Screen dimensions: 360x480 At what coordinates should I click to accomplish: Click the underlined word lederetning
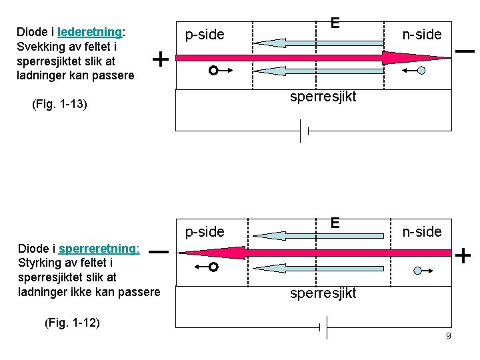click(x=89, y=32)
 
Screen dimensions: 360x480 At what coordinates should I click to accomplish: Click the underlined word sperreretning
click(x=99, y=249)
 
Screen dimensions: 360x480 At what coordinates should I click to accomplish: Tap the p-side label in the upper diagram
click(x=205, y=35)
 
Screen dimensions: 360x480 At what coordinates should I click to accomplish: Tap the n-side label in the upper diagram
click(x=422, y=35)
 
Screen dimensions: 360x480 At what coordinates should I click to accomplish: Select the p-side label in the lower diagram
click(x=205, y=231)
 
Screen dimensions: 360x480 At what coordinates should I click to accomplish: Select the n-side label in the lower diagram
click(x=422, y=231)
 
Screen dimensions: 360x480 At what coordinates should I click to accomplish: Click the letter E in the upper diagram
click(x=335, y=23)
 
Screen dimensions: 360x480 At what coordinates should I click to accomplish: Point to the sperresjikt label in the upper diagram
click(x=323, y=97)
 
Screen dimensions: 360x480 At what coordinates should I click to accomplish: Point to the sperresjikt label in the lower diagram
click(x=323, y=293)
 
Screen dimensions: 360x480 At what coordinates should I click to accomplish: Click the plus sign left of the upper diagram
click(x=161, y=59)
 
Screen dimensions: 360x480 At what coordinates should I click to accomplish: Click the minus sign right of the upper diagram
click(x=464, y=51)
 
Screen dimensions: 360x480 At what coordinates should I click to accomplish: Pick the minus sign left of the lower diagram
click(x=158, y=252)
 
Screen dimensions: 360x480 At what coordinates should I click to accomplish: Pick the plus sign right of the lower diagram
click(x=463, y=255)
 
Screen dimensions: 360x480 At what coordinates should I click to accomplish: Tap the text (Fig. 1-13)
click(x=60, y=105)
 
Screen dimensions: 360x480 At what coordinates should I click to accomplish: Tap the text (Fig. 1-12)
click(x=72, y=323)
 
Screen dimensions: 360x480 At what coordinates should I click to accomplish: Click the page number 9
click(x=449, y=336)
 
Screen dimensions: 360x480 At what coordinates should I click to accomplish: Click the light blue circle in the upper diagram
click(x=421, y=69)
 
